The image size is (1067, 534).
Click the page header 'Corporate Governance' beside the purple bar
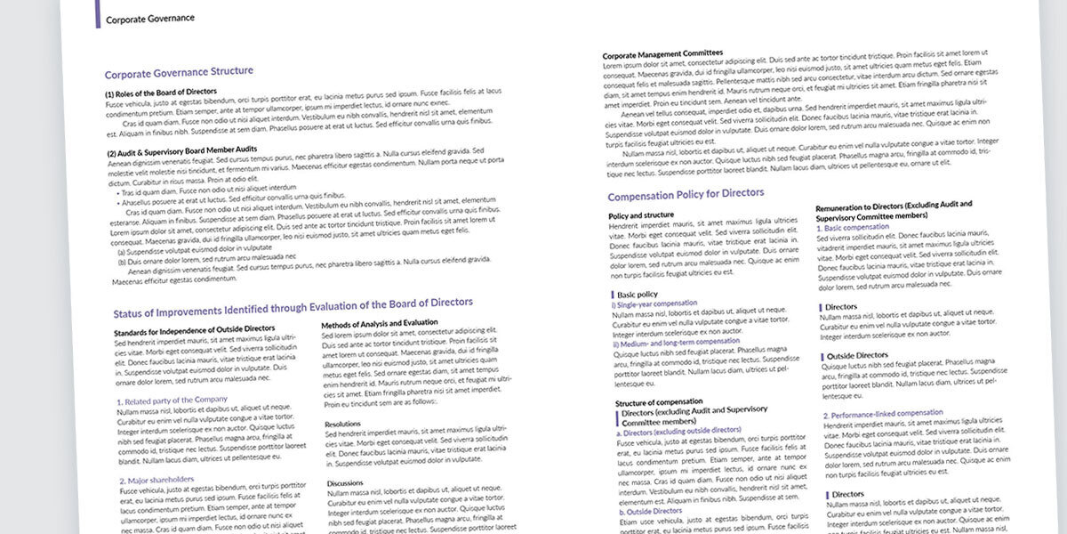(149, 18)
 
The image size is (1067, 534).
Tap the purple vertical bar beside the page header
(97, 14)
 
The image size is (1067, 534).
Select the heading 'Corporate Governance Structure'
(179, 72)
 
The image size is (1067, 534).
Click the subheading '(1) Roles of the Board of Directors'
(161, 92)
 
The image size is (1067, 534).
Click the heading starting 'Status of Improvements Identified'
(293, 308)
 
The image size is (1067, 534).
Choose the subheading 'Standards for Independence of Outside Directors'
(195, 330)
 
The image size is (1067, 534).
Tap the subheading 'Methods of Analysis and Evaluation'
(380, 322)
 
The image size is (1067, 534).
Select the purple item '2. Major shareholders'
(156, 480)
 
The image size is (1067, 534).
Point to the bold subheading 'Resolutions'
(343, 424)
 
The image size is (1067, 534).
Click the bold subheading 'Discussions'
(346, 482)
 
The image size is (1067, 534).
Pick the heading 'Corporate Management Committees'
(662, 54)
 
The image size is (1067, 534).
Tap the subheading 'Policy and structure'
(641, 215)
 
